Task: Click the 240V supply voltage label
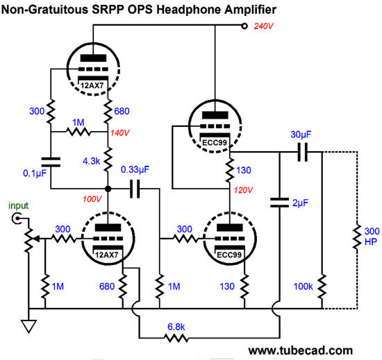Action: [x=264, y=26]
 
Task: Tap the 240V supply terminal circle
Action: [x=244, y=26]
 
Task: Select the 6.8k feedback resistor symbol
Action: [x=176, y=338]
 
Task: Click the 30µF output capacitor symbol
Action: [x=303, y=153]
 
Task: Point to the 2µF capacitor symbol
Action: [x=279, y=203]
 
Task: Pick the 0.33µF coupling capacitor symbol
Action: [x=135, y=189]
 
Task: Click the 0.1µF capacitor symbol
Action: [x=51, y=162]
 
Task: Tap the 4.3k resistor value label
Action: [x=92, y=161]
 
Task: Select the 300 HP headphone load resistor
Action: [x=357, y=237]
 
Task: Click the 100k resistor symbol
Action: [x=322, y=286]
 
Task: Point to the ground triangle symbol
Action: [x=28, y=326]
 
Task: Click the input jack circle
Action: [x=17, y=218]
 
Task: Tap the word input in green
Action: [x=18, y=206]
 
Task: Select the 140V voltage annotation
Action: [x=120, y=132]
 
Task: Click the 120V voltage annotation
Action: [x=243, y=190]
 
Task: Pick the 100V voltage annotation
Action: [x=92, y=199]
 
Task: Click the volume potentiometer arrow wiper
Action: [x=36, y=239]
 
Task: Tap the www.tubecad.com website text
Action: [x=300, y=350]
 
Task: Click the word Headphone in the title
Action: [x=189, y=10]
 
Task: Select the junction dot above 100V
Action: [x=108, y=189]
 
